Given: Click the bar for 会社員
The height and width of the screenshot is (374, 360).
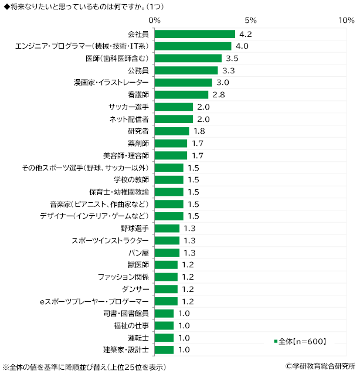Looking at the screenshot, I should [195, 34].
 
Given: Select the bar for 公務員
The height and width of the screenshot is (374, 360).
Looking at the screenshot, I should [186, 70].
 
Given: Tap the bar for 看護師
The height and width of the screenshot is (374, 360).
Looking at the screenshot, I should [182, 94].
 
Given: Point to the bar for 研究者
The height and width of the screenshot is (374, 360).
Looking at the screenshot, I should [172, 131].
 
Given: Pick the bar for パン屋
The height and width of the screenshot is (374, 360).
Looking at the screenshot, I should [167, 253].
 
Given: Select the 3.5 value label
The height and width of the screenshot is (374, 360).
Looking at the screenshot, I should [233, 58].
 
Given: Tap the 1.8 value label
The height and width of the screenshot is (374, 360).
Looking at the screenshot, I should [200, 131].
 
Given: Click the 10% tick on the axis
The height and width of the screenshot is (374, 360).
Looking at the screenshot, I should [347, 21].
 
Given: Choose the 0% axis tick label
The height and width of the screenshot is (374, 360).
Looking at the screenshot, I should [155, 21].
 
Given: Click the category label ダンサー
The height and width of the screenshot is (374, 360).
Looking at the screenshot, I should [133, 289].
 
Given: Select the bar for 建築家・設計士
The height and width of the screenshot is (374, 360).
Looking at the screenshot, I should [165, 350].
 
